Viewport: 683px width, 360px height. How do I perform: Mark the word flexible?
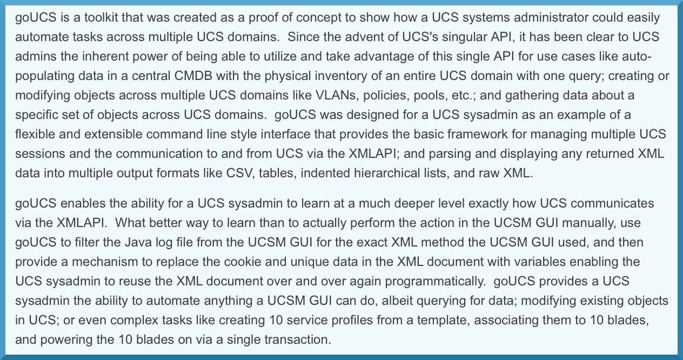click(x=33, y=135)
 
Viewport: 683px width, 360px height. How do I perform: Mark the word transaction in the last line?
click(x=295, y=340)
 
